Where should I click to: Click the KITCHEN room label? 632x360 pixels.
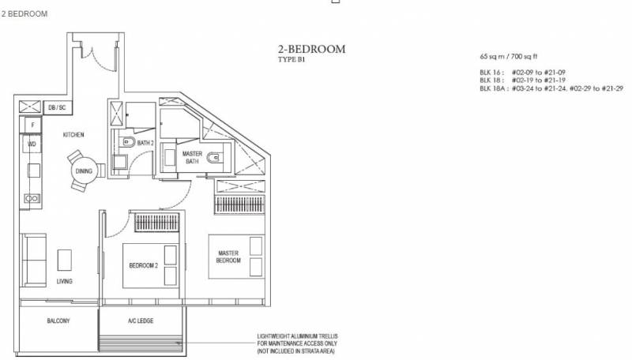73,134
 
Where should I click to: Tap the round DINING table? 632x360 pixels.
84,171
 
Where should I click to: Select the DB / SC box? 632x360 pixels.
57,107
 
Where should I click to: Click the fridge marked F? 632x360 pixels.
32,125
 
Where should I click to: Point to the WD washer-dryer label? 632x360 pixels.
32,144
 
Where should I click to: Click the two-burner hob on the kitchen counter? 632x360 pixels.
32,198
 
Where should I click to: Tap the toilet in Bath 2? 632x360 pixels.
129,142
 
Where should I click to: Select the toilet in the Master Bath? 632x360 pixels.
214,157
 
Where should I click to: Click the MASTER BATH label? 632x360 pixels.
192,157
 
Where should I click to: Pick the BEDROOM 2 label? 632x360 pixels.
144,265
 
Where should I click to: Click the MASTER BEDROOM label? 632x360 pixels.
228,257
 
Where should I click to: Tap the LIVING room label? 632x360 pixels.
65,282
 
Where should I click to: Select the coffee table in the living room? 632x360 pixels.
65,261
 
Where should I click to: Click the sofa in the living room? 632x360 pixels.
34,260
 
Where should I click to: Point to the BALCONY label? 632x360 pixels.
58,321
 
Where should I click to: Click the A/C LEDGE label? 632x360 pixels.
141,321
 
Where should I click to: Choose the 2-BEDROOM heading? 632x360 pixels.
311,49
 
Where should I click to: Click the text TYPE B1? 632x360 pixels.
292,59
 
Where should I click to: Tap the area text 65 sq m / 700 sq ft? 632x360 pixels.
508,56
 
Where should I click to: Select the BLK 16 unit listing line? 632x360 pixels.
522,73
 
